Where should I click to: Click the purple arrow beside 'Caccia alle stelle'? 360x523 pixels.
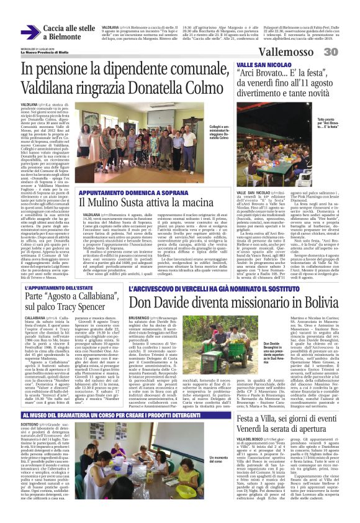(x=30, y=32)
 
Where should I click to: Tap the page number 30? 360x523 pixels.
(x=347, y=53)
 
